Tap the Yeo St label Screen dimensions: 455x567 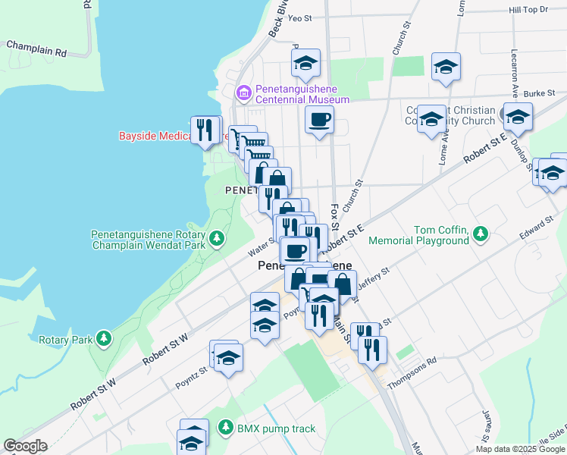300,17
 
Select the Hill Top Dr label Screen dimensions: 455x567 528,10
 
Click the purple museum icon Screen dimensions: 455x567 244,93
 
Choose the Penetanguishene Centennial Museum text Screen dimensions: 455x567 302,94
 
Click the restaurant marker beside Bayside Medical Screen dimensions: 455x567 205,130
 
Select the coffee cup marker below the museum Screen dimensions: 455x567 319,119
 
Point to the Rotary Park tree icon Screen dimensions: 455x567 102,338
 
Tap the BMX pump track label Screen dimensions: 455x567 276,428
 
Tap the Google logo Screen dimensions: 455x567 25,446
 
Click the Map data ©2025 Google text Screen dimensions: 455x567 519,449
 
